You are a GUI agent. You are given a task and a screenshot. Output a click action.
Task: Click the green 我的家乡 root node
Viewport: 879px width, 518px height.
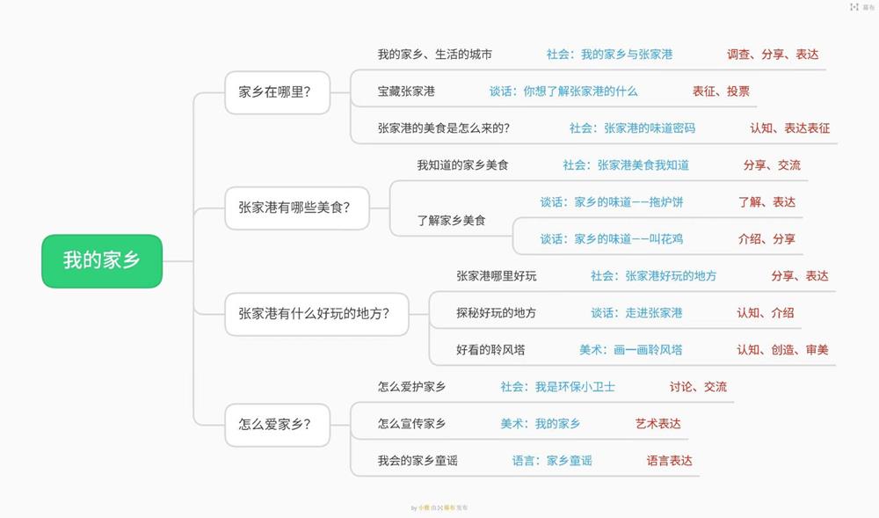click(102, 261)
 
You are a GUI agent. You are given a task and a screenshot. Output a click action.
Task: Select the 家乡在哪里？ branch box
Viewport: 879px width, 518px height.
click(277, 92)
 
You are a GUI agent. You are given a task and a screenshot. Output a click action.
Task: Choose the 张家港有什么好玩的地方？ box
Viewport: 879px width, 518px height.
click(316, 314)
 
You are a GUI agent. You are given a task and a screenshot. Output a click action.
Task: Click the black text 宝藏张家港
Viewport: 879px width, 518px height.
click(406, 91)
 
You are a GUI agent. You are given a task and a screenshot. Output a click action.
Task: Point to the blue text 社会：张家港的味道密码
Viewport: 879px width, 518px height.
click(632, 128)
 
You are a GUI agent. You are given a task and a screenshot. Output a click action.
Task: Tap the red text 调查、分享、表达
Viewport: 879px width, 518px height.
click(773, 55)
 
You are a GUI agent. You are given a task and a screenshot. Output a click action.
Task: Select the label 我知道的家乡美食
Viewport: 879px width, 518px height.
click(462, 165)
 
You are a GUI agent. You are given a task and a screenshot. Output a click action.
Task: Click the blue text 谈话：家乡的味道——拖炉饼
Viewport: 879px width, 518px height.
click(611, 202)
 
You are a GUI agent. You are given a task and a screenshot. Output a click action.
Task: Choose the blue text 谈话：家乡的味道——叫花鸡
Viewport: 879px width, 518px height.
click(611, 239)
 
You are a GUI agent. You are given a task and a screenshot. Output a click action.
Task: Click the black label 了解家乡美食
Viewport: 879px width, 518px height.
click(451, 221)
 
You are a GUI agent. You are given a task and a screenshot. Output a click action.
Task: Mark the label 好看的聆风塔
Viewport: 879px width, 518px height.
click(490, 350)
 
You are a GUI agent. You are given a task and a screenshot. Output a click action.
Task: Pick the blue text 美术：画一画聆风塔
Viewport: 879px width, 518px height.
click(630, 350)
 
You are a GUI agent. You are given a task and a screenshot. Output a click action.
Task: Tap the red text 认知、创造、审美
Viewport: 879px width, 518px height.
click(782, 350)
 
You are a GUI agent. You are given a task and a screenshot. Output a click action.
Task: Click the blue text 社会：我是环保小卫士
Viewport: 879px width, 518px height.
click(558, 387)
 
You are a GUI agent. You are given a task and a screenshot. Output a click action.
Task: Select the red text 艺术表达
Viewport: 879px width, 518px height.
click(658, 424)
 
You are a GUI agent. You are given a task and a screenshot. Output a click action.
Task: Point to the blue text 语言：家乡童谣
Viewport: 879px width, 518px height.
click(552, 461)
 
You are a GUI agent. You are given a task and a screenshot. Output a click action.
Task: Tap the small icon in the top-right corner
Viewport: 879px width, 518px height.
click(854, 7)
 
